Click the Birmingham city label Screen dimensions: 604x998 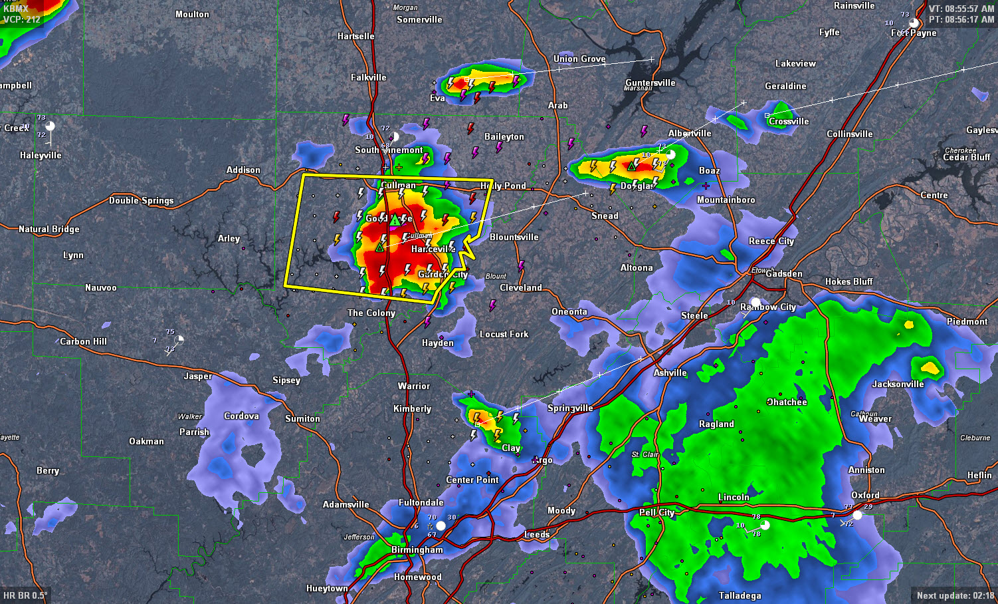[x=417, y=549]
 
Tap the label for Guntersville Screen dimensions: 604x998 [x=650, y=82]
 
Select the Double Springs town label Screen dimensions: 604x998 [x=141, y=200]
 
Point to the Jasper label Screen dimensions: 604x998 [x=197, y=376]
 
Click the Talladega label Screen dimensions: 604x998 [x=740, y=595]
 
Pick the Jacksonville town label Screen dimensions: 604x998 [x=898, y=384]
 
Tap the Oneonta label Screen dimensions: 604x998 [x=569, y=311]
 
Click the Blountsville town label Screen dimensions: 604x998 [x=514, y=237]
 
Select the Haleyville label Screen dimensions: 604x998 [x=41, y=155]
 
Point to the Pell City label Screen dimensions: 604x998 [x=656, y=512]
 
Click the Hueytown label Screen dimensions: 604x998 [x=326, y=588]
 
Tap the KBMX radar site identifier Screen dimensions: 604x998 [x=16, y=9]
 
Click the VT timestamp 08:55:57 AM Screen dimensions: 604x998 [x=961, y=9]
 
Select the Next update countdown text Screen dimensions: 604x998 [x=955, y=595]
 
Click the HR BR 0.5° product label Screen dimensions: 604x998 [x=25, y=595]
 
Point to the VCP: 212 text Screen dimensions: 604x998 [x=22, y=19]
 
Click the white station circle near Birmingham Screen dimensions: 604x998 [x=441, y=526]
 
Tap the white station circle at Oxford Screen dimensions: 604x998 [x=857, y=515]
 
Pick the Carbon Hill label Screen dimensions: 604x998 [x=83, y=341]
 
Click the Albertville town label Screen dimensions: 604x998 [x=689, y=133]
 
